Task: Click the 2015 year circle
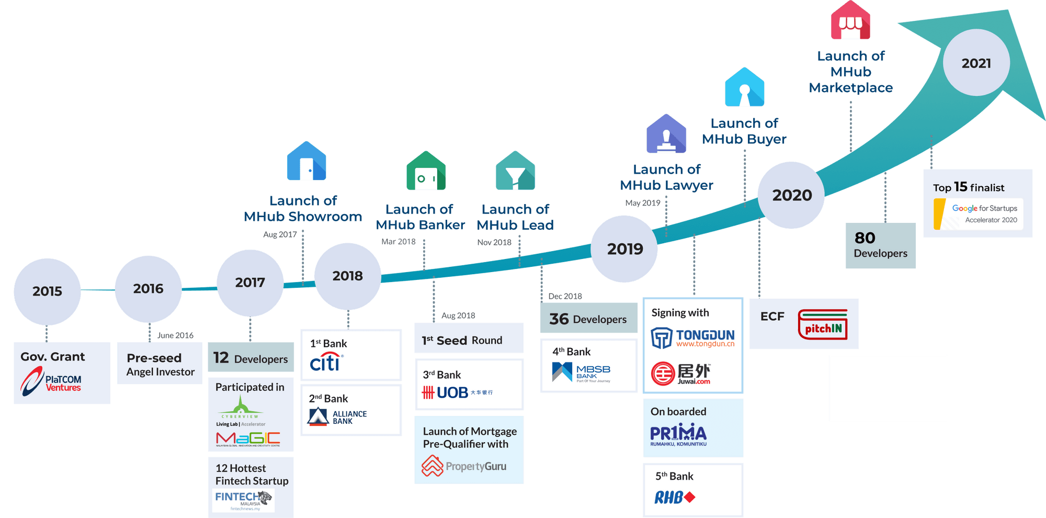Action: (x=47, y=291)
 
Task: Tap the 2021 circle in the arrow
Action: (x=976, y=63)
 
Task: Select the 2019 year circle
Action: (x=624, y=249)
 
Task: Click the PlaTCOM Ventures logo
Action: (x=51, y=381)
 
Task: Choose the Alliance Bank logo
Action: (x=337, y=417)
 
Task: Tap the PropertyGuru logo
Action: (x=464, y=466)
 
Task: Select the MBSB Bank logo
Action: (x=581, y=373)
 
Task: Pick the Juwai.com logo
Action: (x=681, y=374)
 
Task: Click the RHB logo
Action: (x=675, y=497)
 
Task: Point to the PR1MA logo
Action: (x=678, y=434)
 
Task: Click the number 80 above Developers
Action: (x=865, y=238)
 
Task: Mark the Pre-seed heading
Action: (x=154, y=358)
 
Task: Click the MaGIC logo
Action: (x=248, y=438)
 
